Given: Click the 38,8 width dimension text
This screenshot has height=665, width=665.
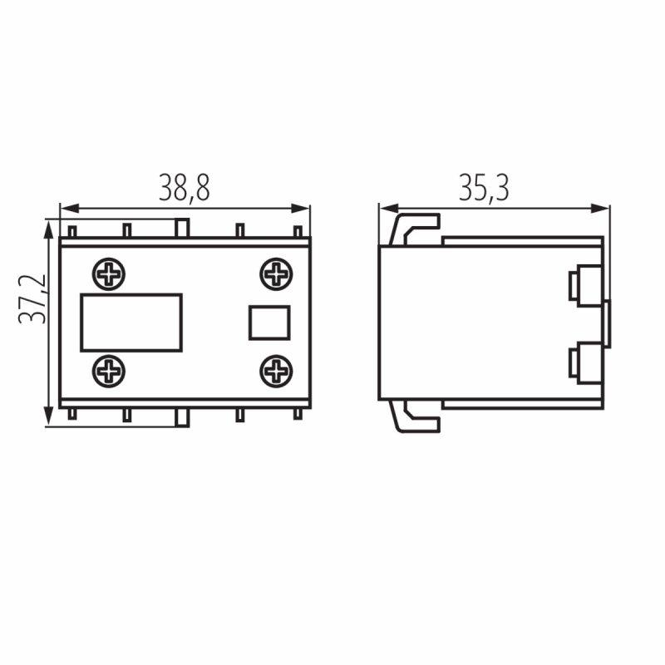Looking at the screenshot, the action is pos(185,188).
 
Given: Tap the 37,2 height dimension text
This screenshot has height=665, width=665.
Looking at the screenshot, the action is pos(32,299).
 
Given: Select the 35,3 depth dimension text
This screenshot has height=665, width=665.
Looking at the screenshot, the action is pos(484,188).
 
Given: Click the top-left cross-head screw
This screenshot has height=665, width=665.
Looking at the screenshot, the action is pos(109,274).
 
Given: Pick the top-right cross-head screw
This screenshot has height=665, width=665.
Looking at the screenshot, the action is pos(276,274).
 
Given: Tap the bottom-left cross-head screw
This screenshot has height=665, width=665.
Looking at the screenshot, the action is pos(109,372).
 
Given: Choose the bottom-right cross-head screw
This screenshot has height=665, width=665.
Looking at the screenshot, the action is pos(276,372).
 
